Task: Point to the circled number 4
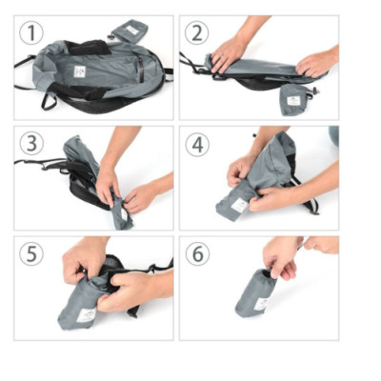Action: (x=197, y=144)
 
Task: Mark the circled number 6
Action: (x=197, y=254)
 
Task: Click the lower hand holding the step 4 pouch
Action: (x=276, y=197)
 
